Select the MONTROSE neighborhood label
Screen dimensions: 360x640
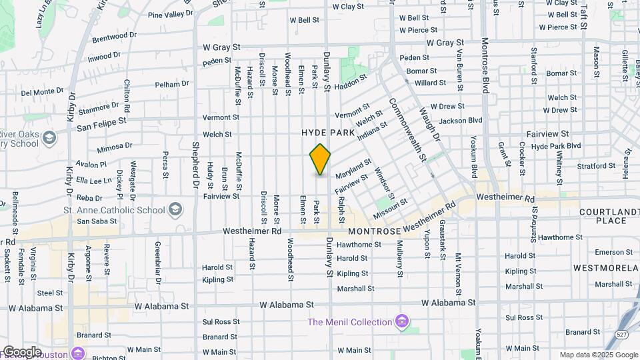coord(373,230)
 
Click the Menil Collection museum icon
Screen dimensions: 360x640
coord(401,323)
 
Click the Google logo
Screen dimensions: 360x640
coord(21,351)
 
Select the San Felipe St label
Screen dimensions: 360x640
coord(101,123)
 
